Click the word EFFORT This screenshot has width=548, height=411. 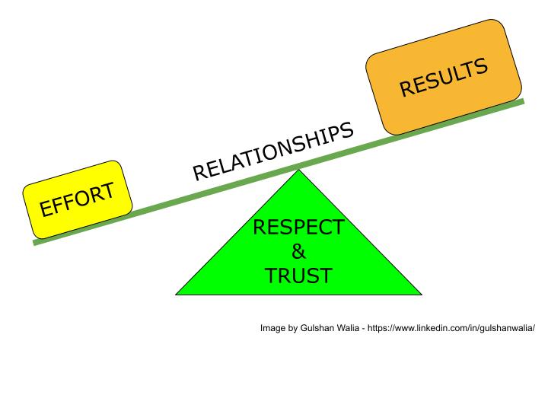tap(77, 199)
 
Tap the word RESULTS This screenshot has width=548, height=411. tap(444, 77)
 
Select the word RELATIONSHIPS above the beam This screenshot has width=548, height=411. tap(273, 151)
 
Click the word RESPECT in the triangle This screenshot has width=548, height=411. tap(298, 227)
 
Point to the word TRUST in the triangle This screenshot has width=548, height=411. tap(298, 276)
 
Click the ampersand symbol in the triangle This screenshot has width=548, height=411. tap(298, 251)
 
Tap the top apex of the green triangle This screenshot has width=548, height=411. tap(299, 170)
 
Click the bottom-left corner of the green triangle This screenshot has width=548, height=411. tap(176, 295)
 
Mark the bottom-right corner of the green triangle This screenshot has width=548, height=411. tap(422, 295)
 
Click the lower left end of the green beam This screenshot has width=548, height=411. tap(34, 243)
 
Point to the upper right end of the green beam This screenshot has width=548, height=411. tap(524, 101)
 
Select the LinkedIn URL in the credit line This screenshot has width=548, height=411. tap(451, 328)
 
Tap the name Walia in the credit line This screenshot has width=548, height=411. tap(346, 328)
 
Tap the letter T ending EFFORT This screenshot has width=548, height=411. tap(107, 190)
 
